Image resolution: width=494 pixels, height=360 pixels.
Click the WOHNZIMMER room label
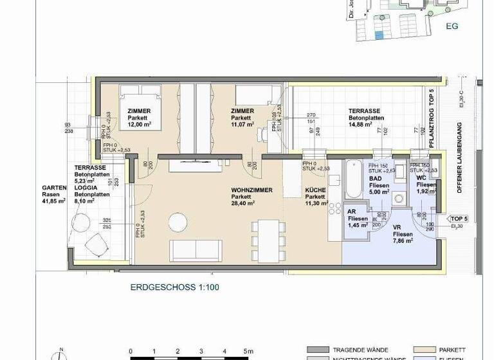[x=252, y=190]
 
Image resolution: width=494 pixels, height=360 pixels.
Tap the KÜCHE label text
[x=315, y=191]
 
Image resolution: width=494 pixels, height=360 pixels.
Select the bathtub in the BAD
[x=353, y=181]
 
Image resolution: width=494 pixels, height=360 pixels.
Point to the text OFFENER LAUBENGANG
[x=460, y=157]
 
